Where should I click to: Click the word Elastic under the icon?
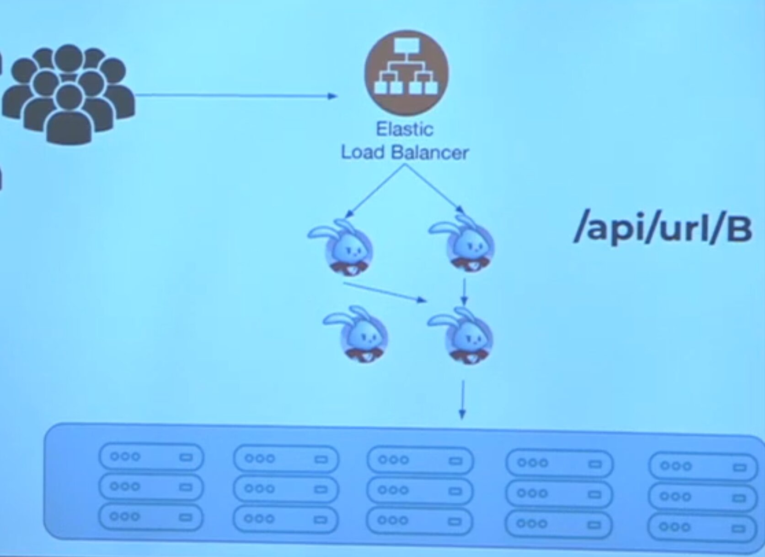click(x=404, y=129)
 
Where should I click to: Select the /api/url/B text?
click(x=663, y=229)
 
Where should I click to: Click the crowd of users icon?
click(x=69, y=94)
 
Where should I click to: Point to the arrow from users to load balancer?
click(x=235, y=96)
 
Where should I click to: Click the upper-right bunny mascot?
click(x=466, y=245)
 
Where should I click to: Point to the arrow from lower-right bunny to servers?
click(x=463, y=400)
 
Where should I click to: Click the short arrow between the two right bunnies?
click(x=465, y=292)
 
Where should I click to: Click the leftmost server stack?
click(x=151, y=487)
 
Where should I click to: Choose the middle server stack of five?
click(x=420, y=490)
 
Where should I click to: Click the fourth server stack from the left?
click(x=559, y=493)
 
